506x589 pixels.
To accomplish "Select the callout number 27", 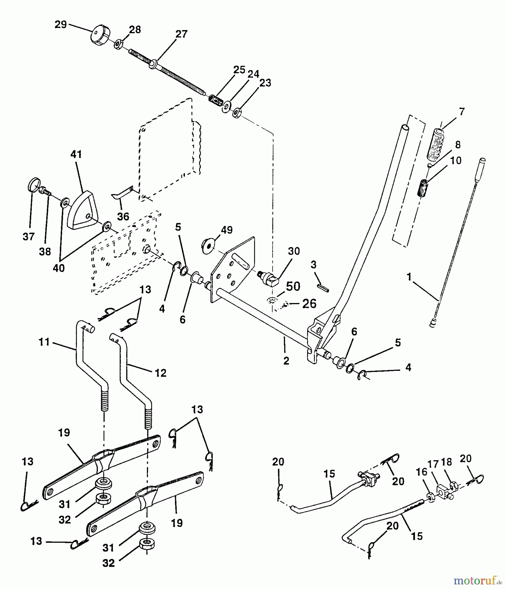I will [181, 34].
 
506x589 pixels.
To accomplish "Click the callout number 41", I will [76, 154].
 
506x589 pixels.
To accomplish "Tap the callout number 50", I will [293, 286].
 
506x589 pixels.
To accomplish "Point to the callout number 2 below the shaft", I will [286, 361].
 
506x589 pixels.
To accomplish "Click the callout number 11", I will [44, 342].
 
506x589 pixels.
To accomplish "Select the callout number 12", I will [160, 373].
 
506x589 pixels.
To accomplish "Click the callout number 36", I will [123, 216].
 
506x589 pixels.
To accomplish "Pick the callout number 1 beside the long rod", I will [408, 277].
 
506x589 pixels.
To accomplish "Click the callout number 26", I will [309, 303].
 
